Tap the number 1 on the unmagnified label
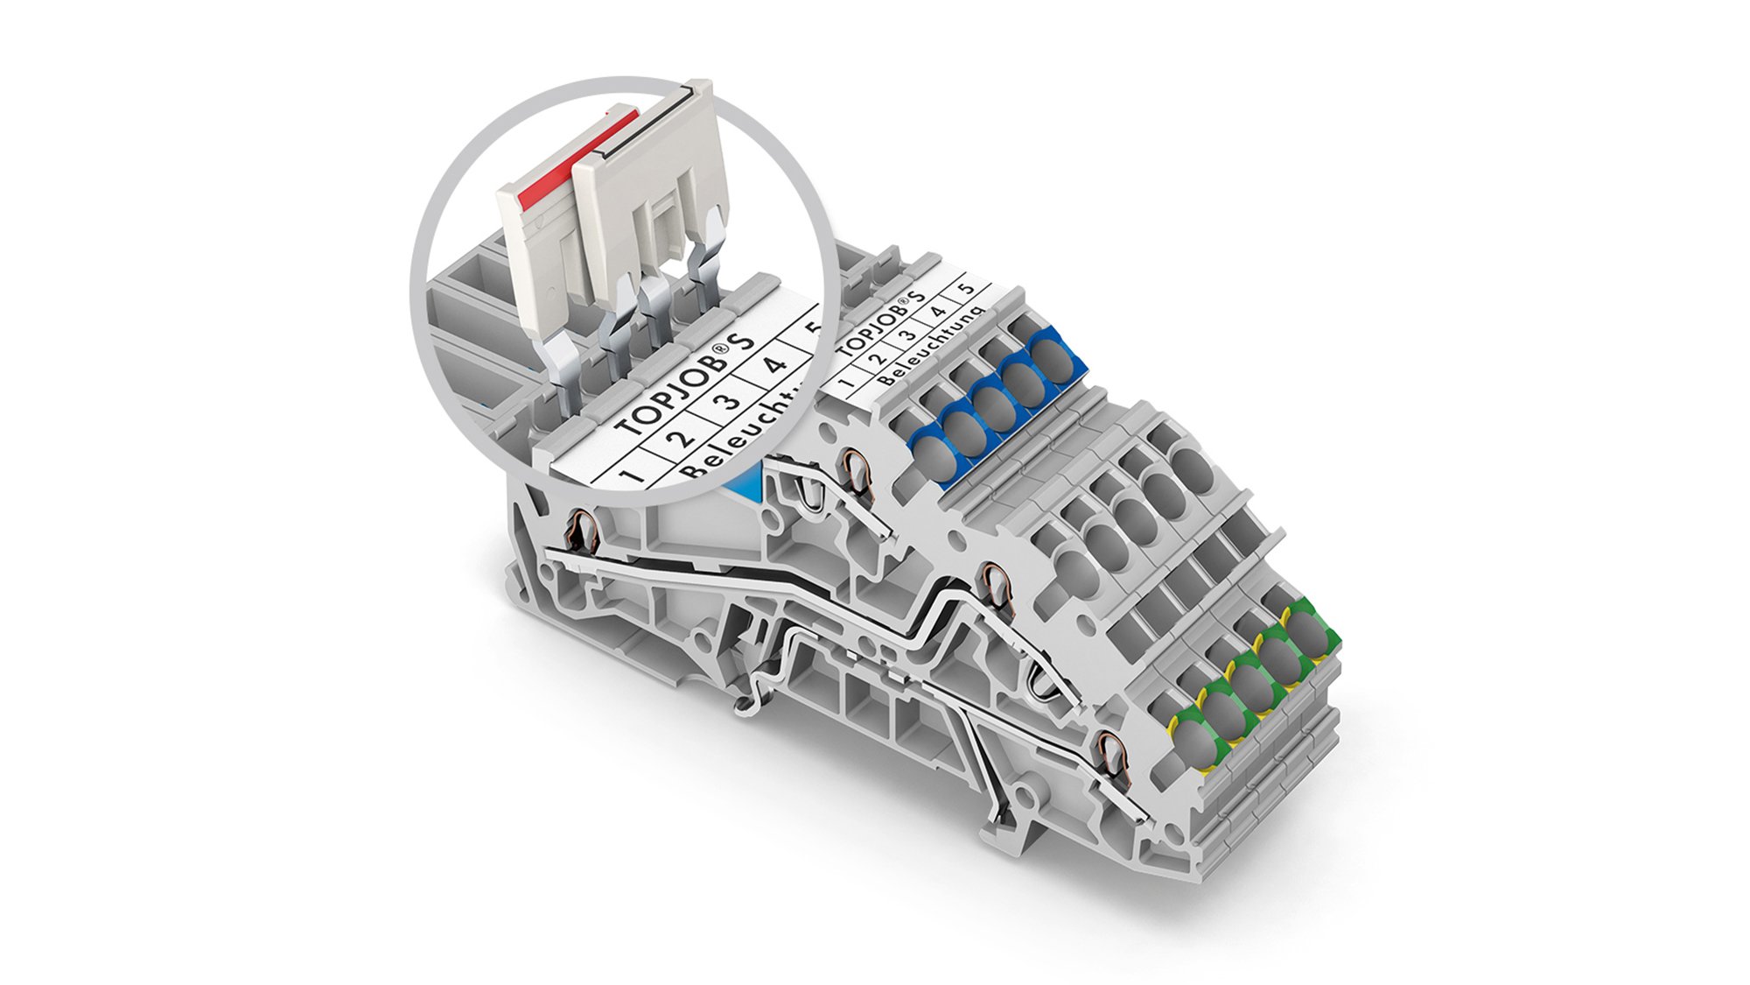pos(847,383)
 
